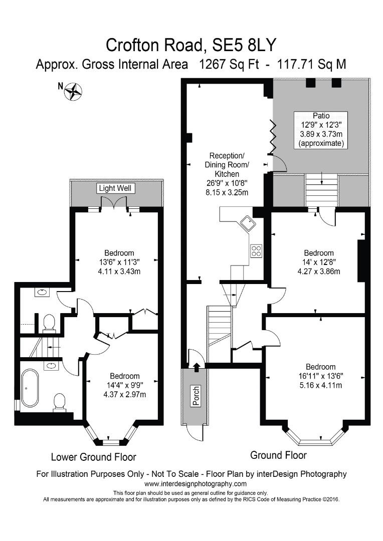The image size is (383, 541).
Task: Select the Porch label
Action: point(196,396)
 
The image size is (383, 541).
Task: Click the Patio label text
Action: point(321,116)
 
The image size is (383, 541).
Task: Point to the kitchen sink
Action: point(248,222)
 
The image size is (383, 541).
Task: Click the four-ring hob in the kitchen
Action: point(256,250)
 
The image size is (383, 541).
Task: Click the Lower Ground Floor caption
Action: point(93,457)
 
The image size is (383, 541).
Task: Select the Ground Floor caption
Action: point(278,455)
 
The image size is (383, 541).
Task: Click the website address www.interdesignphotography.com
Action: point(196,484)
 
